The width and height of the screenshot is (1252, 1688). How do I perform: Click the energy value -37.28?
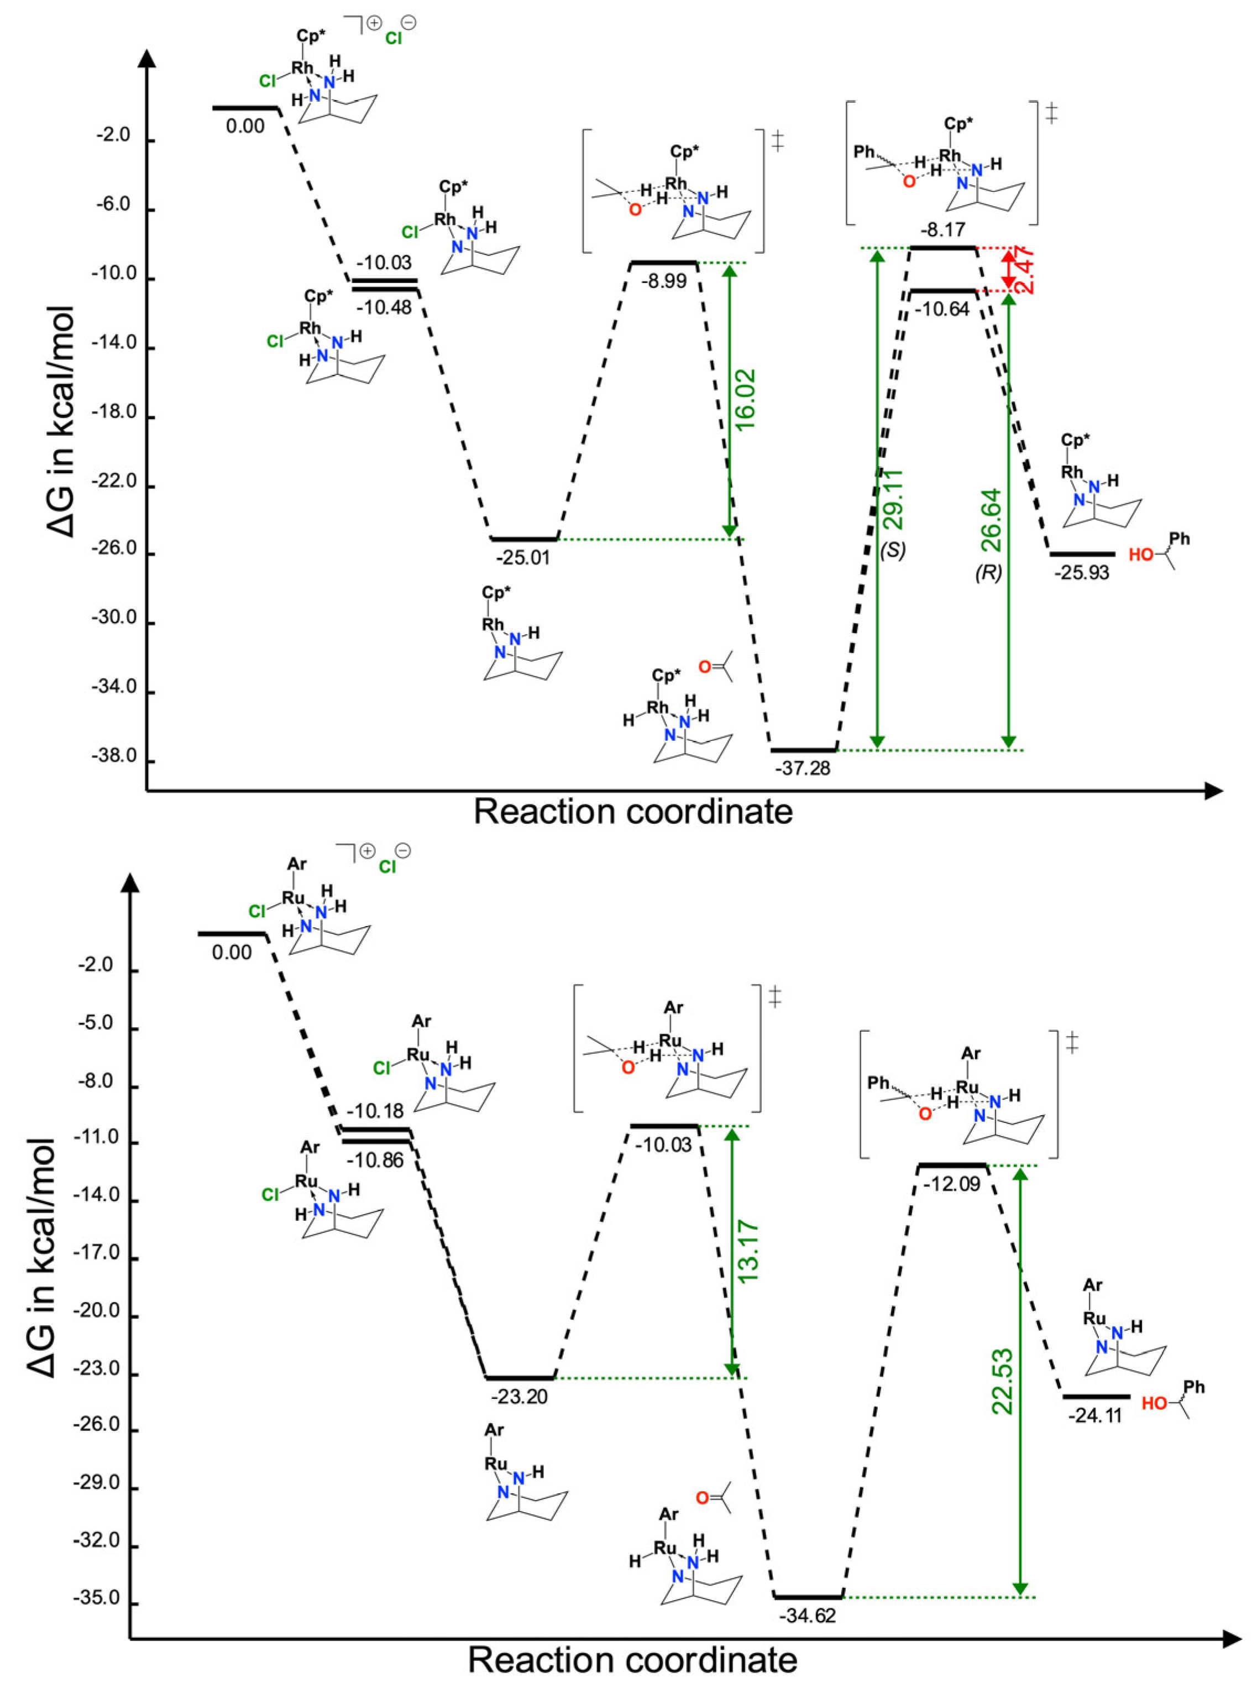(x=802, y=768)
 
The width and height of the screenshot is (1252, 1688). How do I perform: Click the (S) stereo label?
(x=893, y=551)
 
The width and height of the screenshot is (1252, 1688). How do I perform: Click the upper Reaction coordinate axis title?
(x=633, y=812)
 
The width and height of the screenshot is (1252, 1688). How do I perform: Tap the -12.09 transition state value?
(x=952, y=1183)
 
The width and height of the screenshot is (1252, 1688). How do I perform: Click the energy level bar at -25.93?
(x=1082, y=554)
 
